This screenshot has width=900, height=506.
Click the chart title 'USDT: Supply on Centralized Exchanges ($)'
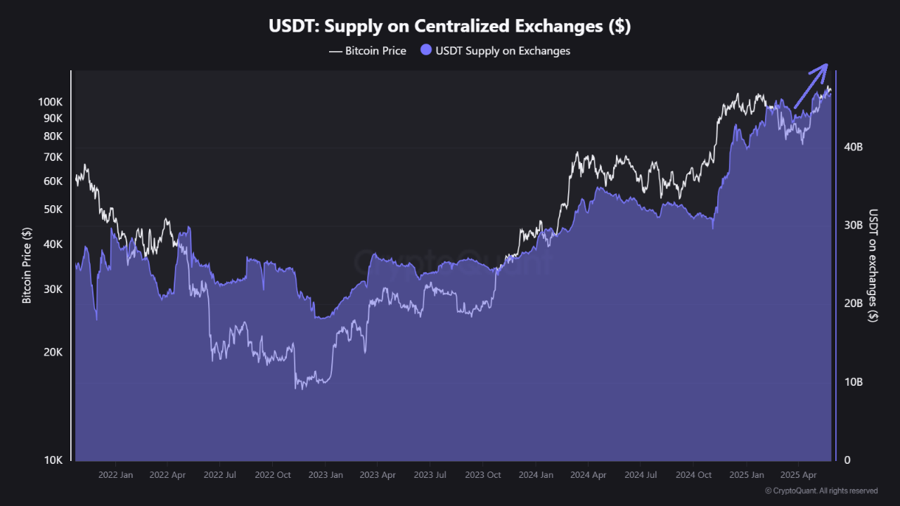tap(449, 27)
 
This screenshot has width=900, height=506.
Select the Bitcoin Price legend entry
tap(368, 51)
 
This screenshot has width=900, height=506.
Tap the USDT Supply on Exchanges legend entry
tap(495, 51)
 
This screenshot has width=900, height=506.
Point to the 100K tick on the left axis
tap(51, 102)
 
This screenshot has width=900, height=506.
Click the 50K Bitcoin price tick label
tap(53, 209)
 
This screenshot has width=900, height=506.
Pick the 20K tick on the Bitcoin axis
tap(53, 352)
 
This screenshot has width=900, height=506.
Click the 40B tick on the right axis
tap(853, 147)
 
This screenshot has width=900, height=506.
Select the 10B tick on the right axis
tap(853, 382)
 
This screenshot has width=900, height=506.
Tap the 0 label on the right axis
tap(847, 460)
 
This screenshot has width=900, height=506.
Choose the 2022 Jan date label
tap(115, 475)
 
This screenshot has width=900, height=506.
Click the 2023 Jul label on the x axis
tap(430, 475)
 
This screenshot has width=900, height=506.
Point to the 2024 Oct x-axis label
tap(693, 475)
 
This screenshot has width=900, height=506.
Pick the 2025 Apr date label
tap(799, 475)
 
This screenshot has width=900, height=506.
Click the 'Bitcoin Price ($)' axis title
tap(27, 266)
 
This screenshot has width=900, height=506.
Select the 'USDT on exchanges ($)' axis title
tap(873, 266)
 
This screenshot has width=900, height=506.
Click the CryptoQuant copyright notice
tap(821, 491)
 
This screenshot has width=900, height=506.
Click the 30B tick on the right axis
tap(853, 226)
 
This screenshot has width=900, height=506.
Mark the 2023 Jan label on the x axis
tap(326, 475)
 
